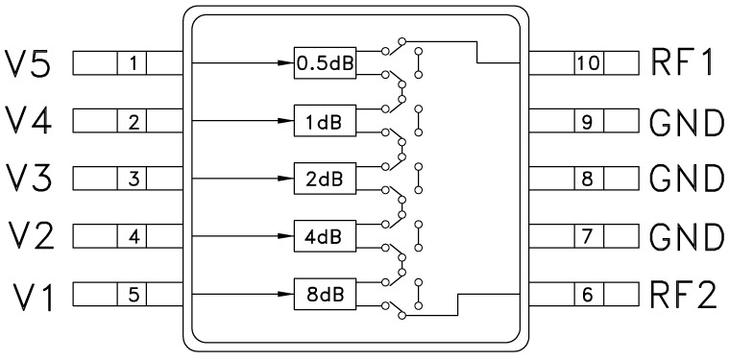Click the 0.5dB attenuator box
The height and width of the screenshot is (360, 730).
click(x=324, y=64)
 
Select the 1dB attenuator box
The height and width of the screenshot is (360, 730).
click(x=324, y=122)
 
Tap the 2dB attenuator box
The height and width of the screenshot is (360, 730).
click(x=324, y=179)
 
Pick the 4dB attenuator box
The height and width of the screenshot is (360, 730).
click(x=324, y=235)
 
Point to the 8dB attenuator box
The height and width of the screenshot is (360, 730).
click(x=324, y=293)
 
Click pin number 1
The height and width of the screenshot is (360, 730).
click(x=134, y=64)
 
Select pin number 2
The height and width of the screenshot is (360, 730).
click(x=134, y=122)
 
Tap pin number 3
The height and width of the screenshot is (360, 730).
click(x=134, y=179)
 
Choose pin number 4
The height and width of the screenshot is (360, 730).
click(x=134, y=235)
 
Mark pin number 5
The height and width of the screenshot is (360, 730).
click(x=134, y=293)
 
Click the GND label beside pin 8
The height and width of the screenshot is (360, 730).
click(x=686, y=179)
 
